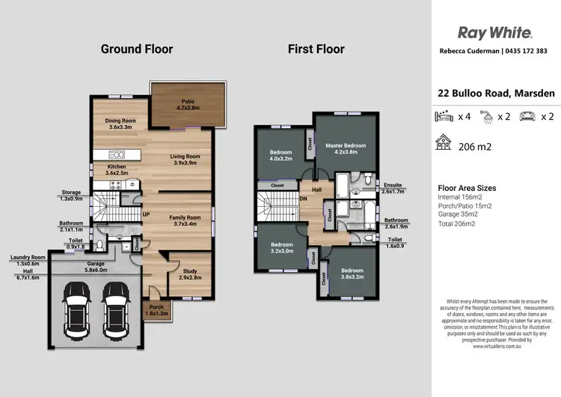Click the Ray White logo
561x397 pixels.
pos(495,33)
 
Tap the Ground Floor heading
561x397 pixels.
pos(137,49)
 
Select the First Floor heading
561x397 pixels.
pos(316,49)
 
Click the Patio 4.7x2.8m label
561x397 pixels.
pos(188,105)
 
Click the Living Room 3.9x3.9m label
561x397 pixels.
pos(185,160)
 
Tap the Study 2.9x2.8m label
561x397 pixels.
pos(190,274)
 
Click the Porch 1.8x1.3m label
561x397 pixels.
pos(156,310)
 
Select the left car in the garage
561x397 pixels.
pos(76,310)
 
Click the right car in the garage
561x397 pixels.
pos(116,310)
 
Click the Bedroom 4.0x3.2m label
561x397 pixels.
pos(280,156)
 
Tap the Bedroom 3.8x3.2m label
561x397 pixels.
pos(352,273)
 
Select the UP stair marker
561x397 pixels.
pos(146,215)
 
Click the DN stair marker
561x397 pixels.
pos(303,198)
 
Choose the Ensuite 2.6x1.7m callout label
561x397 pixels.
pos(393,188)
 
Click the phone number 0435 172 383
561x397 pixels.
pos(527,51)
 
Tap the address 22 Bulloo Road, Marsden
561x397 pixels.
pos(496,93)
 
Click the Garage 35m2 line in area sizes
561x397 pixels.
pos(458,214)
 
